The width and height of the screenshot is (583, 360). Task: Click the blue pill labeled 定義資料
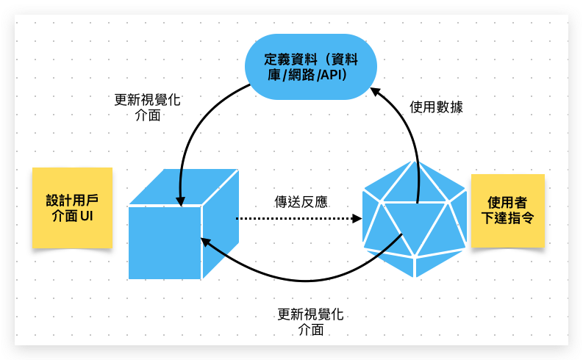(x=310, y=67)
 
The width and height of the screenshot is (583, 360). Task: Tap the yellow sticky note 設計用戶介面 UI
(x=72, y=207)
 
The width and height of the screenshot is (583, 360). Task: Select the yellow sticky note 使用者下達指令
(x=507, y=210)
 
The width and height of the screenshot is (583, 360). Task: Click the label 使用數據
(x=436, y=107)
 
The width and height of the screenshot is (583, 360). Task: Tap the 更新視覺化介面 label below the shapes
(x=311, y=322)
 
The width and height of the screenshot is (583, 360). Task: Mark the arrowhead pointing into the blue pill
(x=374, y=92)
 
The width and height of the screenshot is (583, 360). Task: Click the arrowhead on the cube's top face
(x=179, y=201)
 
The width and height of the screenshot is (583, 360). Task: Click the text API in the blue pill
(x=329, y=75)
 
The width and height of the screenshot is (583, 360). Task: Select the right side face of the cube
(x=220, y=220)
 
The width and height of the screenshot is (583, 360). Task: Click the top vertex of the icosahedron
(x=415, y=162)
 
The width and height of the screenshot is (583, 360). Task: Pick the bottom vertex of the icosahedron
(x=415, y=277)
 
